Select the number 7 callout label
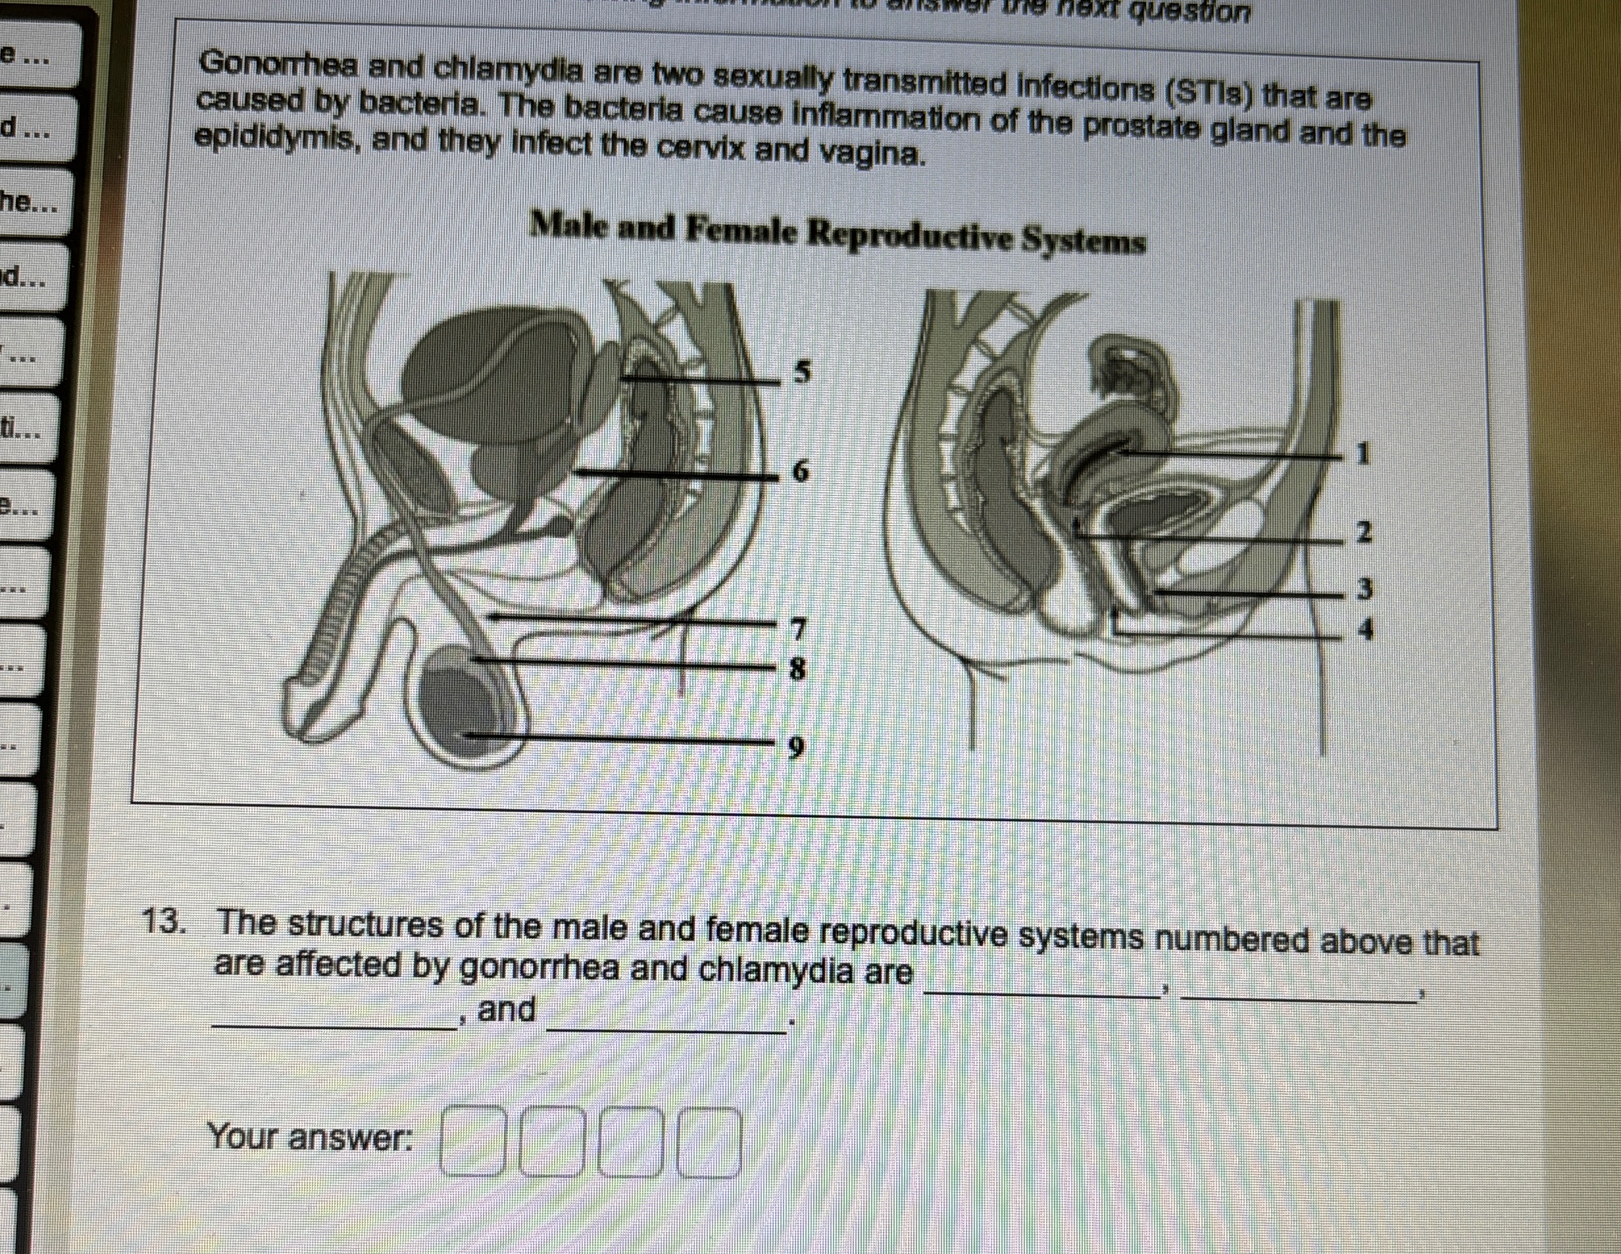pyautogui.click(x=798, y=629)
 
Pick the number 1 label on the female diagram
pyautogui.click(x=1361, y=453)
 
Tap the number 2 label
pyautogui.click(x=1362, y=532)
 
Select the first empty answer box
pyautogui.click(x=472, y=1142)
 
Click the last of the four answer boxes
pyautogui.click(x=711, y=1143)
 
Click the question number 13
pyautogui.click(x=163, y=923)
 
